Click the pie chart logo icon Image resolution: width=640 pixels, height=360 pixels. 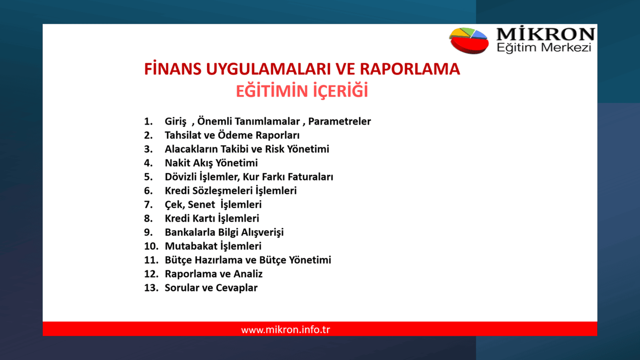point(469,40)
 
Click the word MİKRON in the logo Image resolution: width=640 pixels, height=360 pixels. point(545,34)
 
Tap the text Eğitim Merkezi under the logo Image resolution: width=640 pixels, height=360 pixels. point(544,48)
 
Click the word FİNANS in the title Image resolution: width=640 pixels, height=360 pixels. point(172,69)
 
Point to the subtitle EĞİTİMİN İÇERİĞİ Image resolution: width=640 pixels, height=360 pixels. point(302,91)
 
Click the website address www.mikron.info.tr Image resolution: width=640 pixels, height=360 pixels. point(286,330)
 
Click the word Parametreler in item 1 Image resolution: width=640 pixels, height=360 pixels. point(339,121)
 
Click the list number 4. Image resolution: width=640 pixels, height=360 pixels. point(148,163)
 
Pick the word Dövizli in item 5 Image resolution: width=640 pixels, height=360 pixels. point(180,177)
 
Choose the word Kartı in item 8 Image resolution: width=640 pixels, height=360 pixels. point(203,218)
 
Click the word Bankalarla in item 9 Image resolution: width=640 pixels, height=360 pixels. point(190,232)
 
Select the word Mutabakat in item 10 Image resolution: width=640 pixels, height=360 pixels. point(191,246)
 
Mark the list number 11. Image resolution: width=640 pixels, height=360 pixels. point(151,260)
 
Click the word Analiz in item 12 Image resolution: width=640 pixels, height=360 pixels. point(248,274)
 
